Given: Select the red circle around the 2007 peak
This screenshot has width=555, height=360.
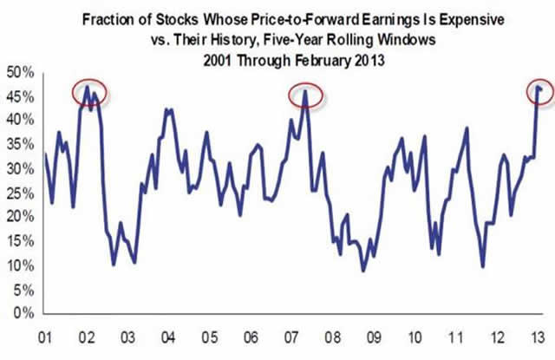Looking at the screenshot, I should pos(305,95).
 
